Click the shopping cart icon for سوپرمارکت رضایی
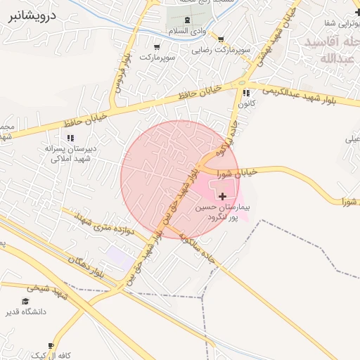221,39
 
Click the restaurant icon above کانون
246,93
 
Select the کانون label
246,103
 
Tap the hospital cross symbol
224,196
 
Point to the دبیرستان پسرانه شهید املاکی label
70,154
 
